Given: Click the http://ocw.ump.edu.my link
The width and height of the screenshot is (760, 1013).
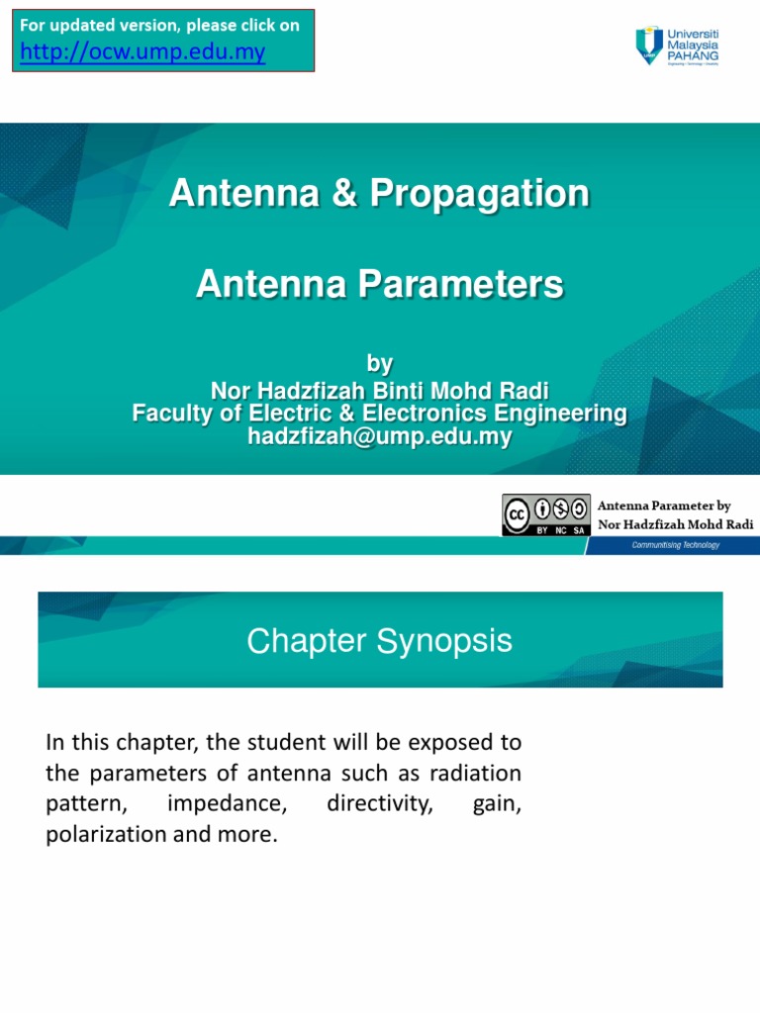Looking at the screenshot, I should tap(142, 52).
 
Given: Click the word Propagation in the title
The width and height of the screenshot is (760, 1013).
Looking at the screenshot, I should tap(480, 193).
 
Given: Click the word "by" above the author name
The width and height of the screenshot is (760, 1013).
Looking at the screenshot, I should tap(379, 364).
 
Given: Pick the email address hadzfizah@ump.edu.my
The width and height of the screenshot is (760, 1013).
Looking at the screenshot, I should tap(379, 437).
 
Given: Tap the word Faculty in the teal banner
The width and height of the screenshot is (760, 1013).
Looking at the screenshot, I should tap(171, 414).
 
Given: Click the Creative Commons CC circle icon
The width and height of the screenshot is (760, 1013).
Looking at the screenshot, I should tap(517, 514).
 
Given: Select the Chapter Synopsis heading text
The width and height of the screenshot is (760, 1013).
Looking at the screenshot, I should tap(379, 641).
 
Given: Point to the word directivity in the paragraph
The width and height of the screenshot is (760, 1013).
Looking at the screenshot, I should tap(380, 803).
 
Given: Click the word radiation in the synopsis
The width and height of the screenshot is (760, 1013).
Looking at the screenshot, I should tap(479, 772).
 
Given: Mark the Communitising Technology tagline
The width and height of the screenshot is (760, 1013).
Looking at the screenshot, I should tap(677, 545).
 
